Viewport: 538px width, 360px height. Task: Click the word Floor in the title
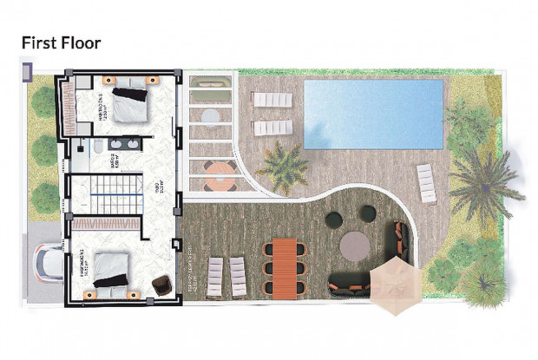click(x=81, y=43)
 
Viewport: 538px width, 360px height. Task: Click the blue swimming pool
click(x=375, y=114)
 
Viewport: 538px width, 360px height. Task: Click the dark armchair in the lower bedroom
click(x=161, y=285)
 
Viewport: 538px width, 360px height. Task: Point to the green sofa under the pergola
click(x=212, y=84)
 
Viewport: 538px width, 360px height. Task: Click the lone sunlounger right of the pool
click(x=426, y=183)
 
